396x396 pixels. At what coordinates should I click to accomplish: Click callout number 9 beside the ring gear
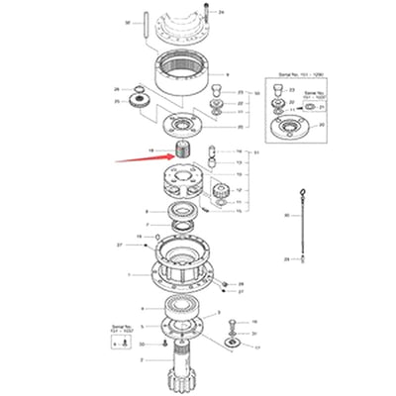(227, 75)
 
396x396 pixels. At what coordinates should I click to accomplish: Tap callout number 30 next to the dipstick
(286, 215)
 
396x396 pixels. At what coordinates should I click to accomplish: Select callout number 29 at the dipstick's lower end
(286, 259)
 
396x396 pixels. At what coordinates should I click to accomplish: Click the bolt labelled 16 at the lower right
(232, 327)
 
